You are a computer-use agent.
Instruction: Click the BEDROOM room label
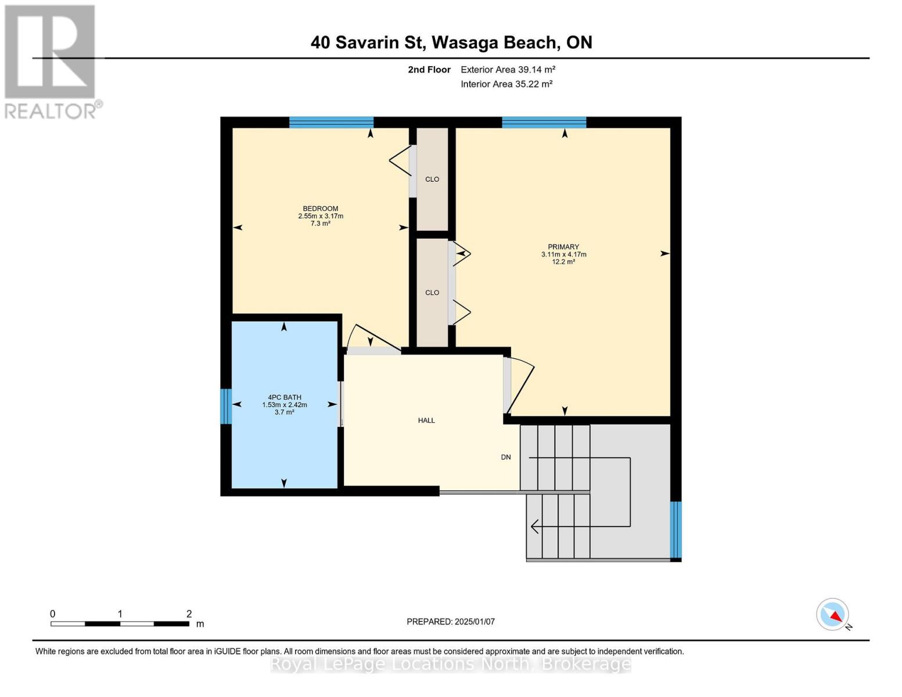[320, 209]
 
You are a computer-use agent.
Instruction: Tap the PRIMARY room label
[563, 247]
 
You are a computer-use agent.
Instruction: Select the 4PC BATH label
[285, 397]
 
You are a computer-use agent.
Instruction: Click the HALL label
[426, 421]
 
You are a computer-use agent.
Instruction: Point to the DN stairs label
[505, 457]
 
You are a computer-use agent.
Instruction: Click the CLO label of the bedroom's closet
[432, 179]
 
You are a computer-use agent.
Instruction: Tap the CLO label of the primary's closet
[432, 293]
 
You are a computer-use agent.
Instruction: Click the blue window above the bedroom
[331, 122]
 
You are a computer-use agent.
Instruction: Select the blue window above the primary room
[544, 122]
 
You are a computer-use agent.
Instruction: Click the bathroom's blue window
[226, 407]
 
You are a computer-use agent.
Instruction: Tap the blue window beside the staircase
[675, 530]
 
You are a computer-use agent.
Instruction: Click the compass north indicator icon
[833, 615]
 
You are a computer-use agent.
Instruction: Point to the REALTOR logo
[51, 62]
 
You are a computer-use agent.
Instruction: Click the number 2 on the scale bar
[189, 613]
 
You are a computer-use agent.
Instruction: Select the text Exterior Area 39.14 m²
[508, 70]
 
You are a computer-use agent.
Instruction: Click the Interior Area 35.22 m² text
[506, 84]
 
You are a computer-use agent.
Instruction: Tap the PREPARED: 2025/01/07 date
[451, 622]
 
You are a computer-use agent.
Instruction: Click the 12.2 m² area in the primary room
[563, 262]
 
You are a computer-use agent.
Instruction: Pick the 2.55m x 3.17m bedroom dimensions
[321, 216]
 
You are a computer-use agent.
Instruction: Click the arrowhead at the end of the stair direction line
[535, 527]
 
